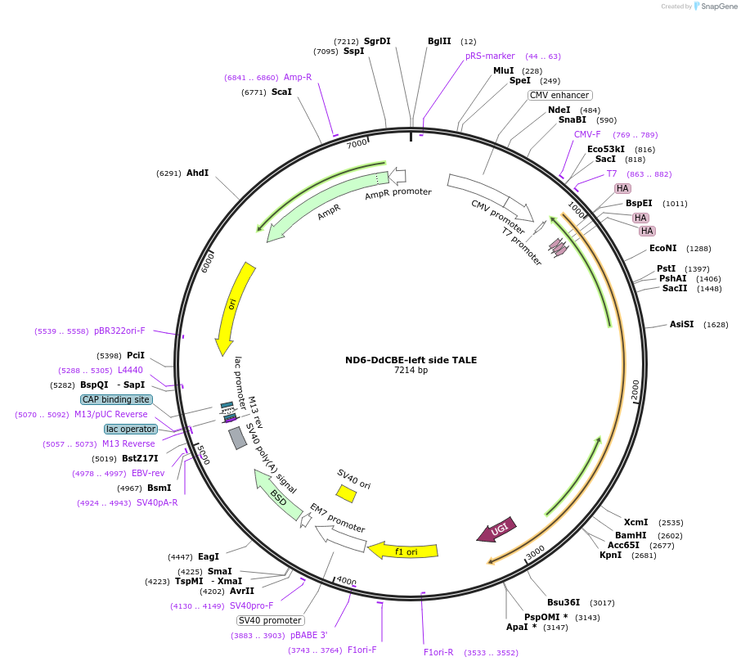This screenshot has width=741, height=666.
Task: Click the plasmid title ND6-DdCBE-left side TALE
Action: click(x=411, y=360)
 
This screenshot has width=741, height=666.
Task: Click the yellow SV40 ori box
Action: click(x=346, y=493)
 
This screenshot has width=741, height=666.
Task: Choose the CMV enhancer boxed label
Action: click(x=559, y=95)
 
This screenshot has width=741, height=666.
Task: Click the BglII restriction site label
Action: click(x=439, y=41)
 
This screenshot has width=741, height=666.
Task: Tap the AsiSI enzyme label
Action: click(x=681, y=324)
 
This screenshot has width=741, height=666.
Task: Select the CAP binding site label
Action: click(x=116, y=399)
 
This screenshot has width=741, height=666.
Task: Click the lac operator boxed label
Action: click(x=131, y=429)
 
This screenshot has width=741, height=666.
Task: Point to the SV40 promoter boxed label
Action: click(x=270, y=620)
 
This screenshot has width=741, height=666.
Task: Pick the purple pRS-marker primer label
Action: click(x=490, y=56)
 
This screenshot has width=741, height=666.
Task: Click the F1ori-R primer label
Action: click(x=438, y=652)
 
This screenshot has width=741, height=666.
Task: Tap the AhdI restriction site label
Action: click(x=197, y=173)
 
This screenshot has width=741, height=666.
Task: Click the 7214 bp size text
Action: click(x=411, y=371)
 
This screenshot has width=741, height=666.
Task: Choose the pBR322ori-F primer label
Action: click(x=119, y=331)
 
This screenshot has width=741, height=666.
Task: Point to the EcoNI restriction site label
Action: click(x=662, y=248)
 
